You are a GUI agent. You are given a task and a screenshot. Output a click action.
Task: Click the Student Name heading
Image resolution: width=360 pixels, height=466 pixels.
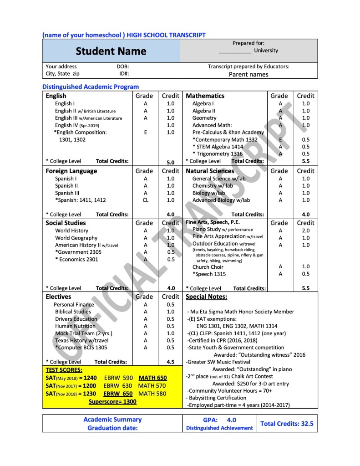pyautogui.click(x=111, y=51)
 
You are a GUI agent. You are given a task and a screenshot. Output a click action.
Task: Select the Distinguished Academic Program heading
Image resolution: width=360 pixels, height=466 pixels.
pyautogui.click(x=91, y=87)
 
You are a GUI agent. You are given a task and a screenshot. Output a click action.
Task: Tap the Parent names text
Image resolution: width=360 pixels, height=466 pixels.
pyautogui.click(x=248, y=74)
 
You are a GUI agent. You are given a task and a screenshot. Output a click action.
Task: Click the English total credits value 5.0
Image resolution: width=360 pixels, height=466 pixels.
pyautogui.click(x=170, y=162)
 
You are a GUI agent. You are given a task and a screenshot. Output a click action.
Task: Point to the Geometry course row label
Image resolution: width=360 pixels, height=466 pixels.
pyautogui.click(x=204, y=118)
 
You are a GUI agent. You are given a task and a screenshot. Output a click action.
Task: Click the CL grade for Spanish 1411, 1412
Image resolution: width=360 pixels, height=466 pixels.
pyautogui.click(x=145, y=200)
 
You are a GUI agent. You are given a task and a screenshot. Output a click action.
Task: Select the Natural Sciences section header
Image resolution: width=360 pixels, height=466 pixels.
pyautogui.click(x=210, y=171)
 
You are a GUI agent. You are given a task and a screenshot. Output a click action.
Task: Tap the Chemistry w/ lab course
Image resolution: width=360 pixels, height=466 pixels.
pyautogui.click(x=213, y=185)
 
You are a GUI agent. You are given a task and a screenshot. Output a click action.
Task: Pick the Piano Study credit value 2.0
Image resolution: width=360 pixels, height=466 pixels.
pyautogui.click(x=305, y=230)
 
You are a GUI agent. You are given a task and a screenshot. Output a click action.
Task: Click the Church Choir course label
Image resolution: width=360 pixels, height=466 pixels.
pyautogui.click(x=208, y=267)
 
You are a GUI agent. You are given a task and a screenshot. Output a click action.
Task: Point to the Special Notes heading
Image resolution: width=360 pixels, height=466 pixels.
pyautogui.click(x=207, y=297)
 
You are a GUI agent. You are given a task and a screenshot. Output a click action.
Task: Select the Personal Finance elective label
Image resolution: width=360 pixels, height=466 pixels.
pyautogui.click(x=74, y=304)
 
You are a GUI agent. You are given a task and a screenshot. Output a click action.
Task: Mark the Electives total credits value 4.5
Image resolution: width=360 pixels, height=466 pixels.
pyautogui.click(x=171, y=363)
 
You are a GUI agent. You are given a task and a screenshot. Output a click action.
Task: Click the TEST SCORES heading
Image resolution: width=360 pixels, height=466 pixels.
pyautogui.click(x=64, y=370)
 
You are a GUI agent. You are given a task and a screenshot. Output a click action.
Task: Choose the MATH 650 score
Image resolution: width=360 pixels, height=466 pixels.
pyautogui.click(x=152, y=378)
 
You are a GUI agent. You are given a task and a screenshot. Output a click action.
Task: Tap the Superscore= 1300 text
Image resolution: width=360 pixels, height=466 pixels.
pyautogui.click(x=112, y=402)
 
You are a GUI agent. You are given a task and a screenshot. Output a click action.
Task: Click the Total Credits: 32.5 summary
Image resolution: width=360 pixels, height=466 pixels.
pyautogui.click(x=287, y=424)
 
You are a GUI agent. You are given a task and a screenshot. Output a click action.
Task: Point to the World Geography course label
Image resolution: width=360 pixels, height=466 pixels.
pyautogui.click(x=76, y=238)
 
